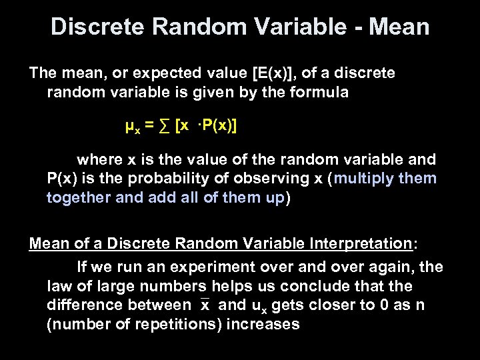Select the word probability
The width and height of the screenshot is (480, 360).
168,179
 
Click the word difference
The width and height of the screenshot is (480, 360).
83,305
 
